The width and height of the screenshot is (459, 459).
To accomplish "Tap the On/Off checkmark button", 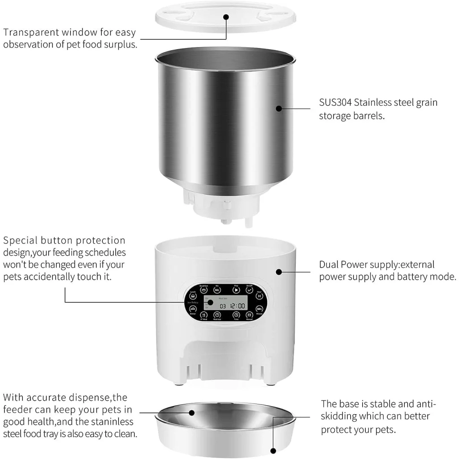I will tap(250, 290).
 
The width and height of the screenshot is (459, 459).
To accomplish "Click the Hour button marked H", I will tap(259, 296).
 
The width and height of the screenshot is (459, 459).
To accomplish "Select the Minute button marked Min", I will tap(259, 309).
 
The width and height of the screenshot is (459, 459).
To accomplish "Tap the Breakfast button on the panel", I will tap(204, 290).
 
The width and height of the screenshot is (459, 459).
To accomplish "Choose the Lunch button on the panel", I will tap(193, 296).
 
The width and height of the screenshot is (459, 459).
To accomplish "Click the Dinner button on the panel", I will tap(193, 309).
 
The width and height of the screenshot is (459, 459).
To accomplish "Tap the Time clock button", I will tap(236, 315).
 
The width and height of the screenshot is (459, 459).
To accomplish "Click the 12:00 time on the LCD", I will tap(238, 306).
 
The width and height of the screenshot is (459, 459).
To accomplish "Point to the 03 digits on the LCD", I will tap(223, 306).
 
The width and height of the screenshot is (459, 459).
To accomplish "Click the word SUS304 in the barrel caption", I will tap(335, 102).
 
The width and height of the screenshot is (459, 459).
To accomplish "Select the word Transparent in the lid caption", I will tap(32, 33).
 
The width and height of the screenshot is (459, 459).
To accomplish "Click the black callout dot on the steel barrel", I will tap(278, 108).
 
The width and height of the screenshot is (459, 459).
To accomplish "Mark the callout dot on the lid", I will tap(226, 17).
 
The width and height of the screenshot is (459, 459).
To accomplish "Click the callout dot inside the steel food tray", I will tap(191, 412).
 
